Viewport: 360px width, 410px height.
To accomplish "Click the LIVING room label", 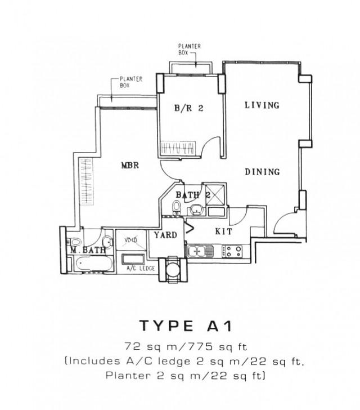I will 262,105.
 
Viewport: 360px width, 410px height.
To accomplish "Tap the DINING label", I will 262,172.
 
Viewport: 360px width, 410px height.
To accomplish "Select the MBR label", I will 130,166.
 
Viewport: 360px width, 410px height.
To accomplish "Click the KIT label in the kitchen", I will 224,231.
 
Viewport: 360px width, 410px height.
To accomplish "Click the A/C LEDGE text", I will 134,269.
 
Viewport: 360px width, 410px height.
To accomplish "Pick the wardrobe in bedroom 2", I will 178,148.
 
